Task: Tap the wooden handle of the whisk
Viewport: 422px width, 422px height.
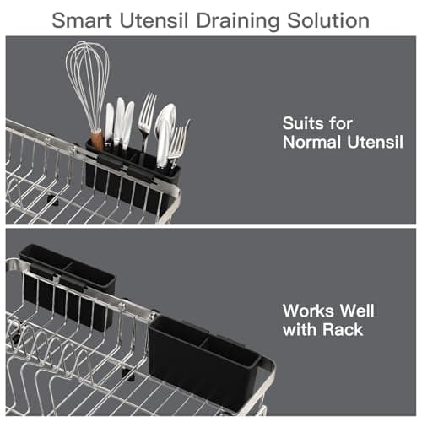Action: point(97,138)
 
